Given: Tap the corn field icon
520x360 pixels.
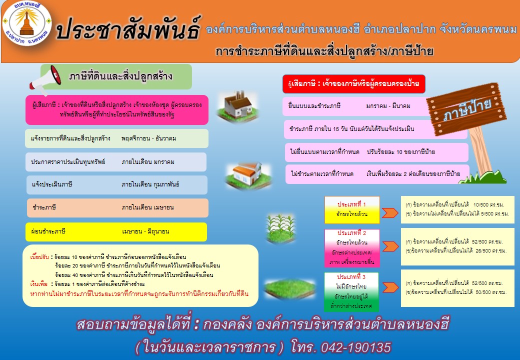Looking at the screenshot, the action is point(280,227).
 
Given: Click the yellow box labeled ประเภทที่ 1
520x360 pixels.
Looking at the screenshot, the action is point(352,209).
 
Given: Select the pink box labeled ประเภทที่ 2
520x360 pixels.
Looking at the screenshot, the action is point(352,247).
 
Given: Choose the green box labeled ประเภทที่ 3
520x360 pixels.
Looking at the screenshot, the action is point(351,291).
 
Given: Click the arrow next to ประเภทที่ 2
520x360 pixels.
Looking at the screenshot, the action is point(390,246).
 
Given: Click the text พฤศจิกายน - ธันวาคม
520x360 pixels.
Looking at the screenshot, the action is point(148,138).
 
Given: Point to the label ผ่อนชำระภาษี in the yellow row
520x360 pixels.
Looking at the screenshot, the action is point(48,231).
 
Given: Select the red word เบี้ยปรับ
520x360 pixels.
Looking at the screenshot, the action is point(39,257).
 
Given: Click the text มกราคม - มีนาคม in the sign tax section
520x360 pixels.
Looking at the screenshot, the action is point(388,106).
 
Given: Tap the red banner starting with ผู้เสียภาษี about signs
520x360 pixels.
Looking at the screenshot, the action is point(354,84).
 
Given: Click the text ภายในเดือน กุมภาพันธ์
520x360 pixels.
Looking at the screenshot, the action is point(150,184).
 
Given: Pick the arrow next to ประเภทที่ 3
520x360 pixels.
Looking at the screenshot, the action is point(390,287).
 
